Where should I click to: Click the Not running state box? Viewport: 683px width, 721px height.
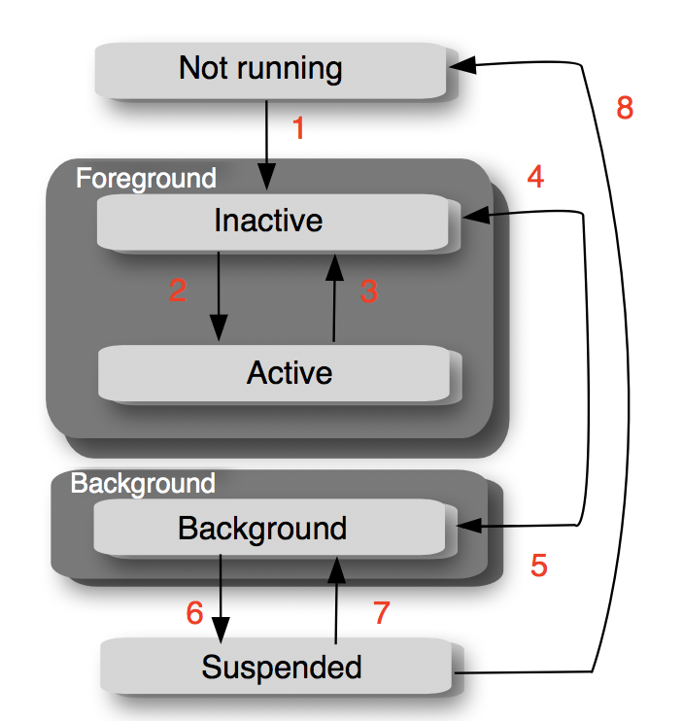pos(260,69)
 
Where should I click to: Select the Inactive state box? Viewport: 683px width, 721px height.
pos(268,221)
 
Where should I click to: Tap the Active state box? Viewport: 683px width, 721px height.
pos(289,372)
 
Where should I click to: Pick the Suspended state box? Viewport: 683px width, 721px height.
pos(281,667)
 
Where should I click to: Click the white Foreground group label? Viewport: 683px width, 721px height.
pos(146,179)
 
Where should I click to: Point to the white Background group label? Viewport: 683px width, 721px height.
pos(143,483)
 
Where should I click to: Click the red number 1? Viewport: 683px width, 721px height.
pos(298,127)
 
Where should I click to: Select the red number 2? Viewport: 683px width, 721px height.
pos(177,290)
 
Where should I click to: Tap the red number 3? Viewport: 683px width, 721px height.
pos(368,292)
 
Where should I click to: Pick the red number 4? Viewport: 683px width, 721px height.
pos(534,176)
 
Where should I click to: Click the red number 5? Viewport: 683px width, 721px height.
pos(539,566)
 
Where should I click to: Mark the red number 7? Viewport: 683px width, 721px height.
pos(381,612)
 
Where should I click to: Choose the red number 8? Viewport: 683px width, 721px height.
pos(625,108)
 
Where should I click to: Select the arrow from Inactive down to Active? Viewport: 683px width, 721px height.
pos(219,296)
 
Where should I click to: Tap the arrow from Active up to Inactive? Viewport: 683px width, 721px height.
pos(334,296)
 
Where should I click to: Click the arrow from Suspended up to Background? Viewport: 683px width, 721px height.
pos(336,598)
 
